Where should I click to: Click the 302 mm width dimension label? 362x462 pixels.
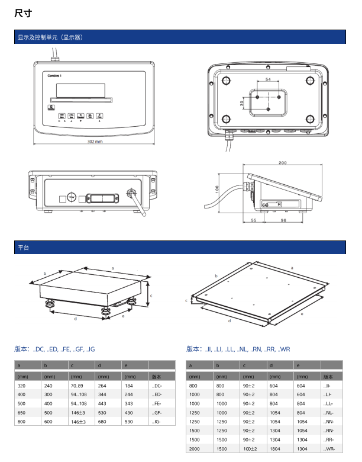pos(95,142)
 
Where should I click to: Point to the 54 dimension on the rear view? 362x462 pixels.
pos(268,79)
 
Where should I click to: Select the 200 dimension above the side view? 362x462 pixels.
pos(282,163)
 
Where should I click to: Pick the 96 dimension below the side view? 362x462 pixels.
pos(284,220)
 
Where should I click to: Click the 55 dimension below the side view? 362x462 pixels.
pos(253,220)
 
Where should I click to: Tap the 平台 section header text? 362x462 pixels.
pos(23,247)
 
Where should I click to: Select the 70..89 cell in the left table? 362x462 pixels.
pos(77,386)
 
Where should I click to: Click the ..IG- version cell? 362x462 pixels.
pos(157,422)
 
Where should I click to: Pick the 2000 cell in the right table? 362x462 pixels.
pos(195,449)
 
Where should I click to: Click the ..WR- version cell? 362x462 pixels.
pos(329,449)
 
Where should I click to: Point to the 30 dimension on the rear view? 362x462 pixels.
pos(241,103)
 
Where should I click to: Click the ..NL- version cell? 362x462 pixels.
pos(329,413)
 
